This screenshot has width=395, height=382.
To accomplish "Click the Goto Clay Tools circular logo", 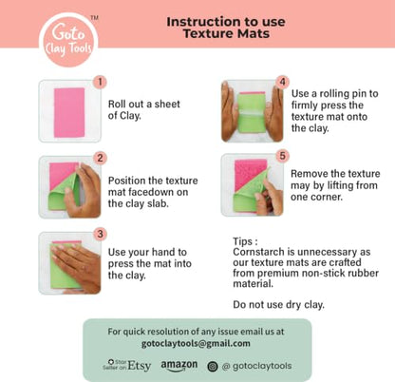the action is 68,40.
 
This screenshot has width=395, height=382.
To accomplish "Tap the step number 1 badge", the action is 100,83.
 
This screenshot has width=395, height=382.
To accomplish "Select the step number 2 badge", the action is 100,158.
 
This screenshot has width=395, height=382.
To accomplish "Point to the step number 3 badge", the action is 100,234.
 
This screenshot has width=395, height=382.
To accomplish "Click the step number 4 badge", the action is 282,83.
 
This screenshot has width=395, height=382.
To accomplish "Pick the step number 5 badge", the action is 282,156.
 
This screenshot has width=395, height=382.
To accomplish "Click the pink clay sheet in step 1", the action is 69,113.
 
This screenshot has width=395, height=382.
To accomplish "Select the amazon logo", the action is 179,366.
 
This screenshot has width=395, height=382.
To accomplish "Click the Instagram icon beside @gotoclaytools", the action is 213,367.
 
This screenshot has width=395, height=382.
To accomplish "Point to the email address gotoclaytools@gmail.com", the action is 196,343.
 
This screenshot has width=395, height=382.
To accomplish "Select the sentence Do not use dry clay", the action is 278,304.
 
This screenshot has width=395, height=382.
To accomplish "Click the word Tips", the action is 243,241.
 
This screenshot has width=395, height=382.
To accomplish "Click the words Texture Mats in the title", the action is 226,33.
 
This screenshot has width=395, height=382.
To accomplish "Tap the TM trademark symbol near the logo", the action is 94,18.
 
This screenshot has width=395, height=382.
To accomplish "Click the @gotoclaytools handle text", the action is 256,366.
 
